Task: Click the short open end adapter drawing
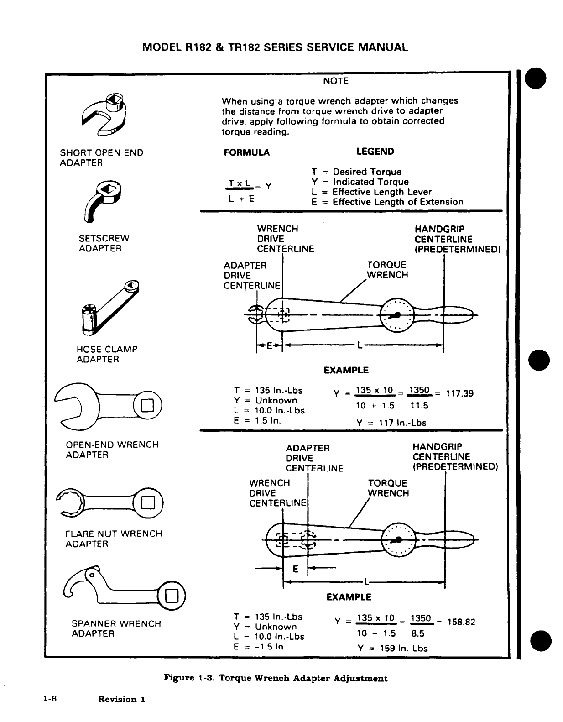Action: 104,115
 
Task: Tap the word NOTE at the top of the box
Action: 335,81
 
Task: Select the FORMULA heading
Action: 246,152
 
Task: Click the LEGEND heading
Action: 375,152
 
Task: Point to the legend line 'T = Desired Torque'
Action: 356,172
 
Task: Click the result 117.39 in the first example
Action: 459,393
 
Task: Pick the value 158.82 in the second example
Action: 461,622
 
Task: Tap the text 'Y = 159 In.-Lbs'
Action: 392,648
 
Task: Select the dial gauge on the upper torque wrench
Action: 397,315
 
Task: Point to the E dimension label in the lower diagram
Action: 295,569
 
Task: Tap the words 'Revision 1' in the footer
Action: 121,699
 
